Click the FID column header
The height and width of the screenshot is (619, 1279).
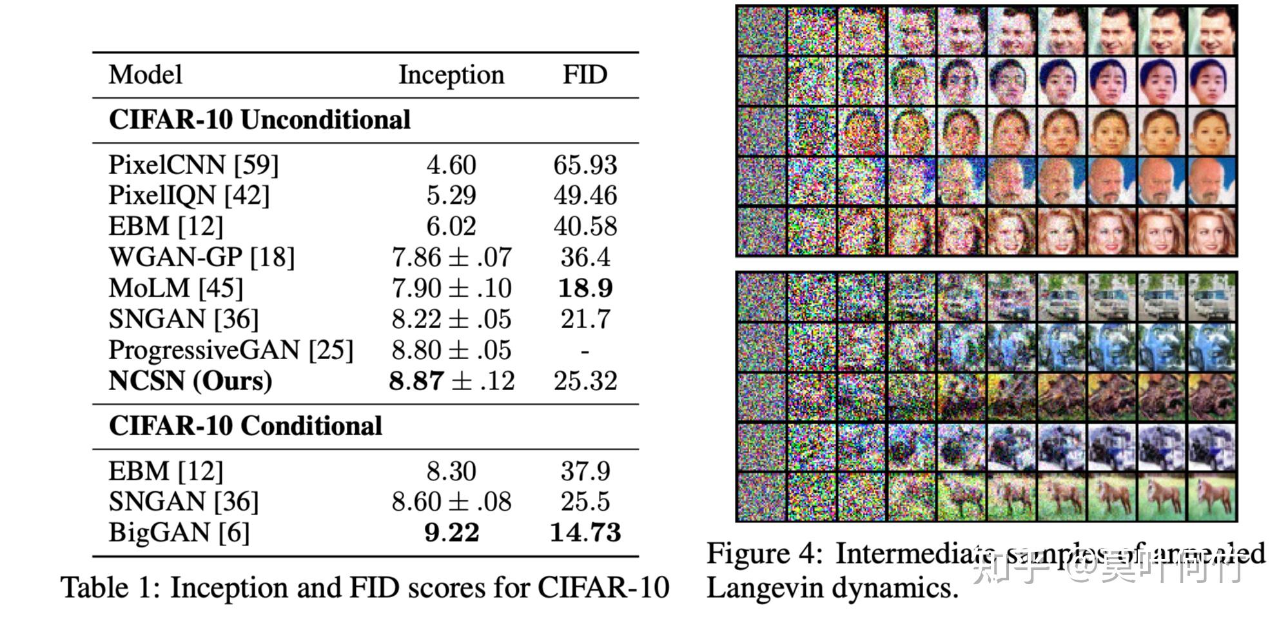(585, 75)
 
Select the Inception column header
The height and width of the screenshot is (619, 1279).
(451, 75)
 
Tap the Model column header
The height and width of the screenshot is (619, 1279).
(145, 75)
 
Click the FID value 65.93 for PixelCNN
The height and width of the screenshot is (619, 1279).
(585, 165)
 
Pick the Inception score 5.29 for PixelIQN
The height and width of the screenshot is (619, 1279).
(451, 195)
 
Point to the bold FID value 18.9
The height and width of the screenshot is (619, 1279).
(585, 288)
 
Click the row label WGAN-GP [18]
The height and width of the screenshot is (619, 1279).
(201, 257)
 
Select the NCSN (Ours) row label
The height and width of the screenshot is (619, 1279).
(190, 381)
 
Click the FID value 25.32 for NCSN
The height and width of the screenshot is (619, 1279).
(585, 381)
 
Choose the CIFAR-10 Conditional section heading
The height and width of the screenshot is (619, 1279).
(245, 426)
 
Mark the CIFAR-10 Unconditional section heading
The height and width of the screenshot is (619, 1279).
(259, 120)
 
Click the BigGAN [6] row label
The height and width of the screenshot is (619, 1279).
(179, 533)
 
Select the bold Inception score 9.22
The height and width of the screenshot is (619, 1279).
(451, 533)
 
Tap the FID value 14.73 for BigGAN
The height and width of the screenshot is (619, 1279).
(585, 533)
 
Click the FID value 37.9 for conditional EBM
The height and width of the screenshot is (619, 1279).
(585, 471)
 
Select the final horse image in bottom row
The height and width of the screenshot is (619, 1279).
(1211, 496)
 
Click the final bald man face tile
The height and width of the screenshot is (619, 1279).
(1211, 181)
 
